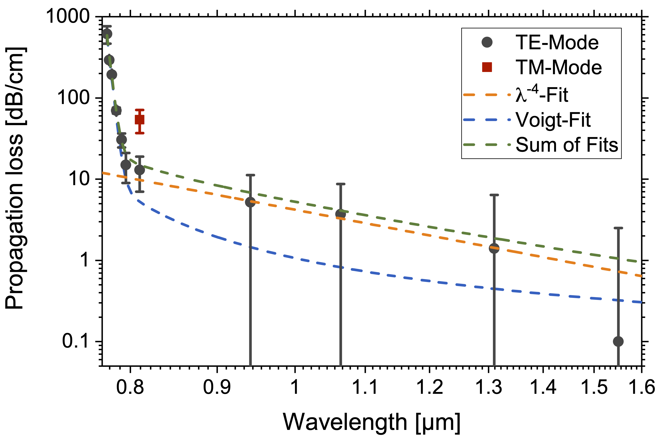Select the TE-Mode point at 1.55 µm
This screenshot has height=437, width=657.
pyautogui.click(x=618, y=341)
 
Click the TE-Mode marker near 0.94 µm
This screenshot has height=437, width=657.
pyautogui.click(x=250, y=202)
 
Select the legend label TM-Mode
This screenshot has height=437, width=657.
pyautogui.click(x=559, y=68)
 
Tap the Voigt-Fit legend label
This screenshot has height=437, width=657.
pyautogui.click(x=553, y=120)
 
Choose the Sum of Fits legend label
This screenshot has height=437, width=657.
pyautogui.click(x=567, y=145)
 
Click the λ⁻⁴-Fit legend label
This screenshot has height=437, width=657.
pyautogui.click(x=542, y=94)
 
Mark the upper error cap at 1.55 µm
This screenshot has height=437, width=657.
pyautogui.click(x=618, y=228)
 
